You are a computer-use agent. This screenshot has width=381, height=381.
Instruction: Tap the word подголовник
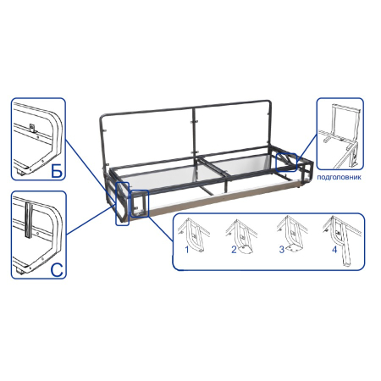(339, 177)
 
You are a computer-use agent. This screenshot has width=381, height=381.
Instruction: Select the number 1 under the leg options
(186, 250)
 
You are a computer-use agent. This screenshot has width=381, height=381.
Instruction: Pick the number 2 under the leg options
(234, 250)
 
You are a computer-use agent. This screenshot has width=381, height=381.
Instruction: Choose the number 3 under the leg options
(282, 250)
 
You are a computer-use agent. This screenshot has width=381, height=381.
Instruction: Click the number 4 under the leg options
(334, 250)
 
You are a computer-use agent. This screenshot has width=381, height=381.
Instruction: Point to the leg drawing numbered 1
(195, 235)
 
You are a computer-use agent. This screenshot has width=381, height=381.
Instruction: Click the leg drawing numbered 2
(242, 236)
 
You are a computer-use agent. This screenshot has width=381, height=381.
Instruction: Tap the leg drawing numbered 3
(292, 235)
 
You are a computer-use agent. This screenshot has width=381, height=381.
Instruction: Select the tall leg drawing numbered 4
(342, 240)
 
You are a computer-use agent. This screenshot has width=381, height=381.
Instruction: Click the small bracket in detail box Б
(33, 128)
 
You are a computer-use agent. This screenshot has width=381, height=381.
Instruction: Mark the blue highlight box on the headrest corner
(286, 163)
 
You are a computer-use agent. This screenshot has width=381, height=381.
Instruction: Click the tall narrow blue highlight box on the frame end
(123, 204)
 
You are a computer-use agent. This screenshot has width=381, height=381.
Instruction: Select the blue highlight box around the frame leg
(140, 203)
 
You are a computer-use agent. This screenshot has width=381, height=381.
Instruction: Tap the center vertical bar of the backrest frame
(194, 131)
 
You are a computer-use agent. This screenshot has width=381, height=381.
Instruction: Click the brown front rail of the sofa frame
(223, 198)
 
